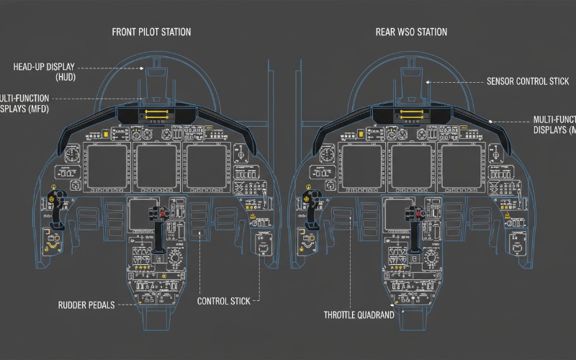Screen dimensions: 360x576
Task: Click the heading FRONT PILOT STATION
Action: pos(151,32)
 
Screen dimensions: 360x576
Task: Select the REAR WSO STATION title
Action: pos(411,32)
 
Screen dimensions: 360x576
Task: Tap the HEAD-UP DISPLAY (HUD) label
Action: pos(45,71)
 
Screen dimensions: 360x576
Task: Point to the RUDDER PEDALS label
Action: pos(86,305)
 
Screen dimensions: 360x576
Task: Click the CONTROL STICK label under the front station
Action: pos(224,301)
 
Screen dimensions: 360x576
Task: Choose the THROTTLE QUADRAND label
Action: pos(359,315)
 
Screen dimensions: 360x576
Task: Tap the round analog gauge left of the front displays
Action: pos(72,155)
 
